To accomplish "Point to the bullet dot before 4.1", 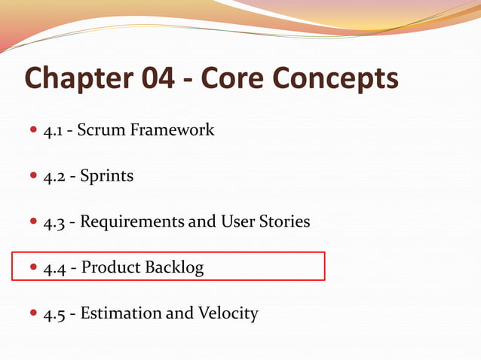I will point(32,131).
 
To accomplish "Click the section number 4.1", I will point(52,130).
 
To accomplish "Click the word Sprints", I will point(106,176).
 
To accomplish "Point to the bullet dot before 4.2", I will point(32,177).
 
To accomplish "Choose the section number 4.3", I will point(53,222).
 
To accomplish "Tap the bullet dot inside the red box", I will point(32,268).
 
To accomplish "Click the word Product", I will point(112,267).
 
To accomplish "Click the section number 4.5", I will point(53,313).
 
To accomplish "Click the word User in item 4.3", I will point(237,222).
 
